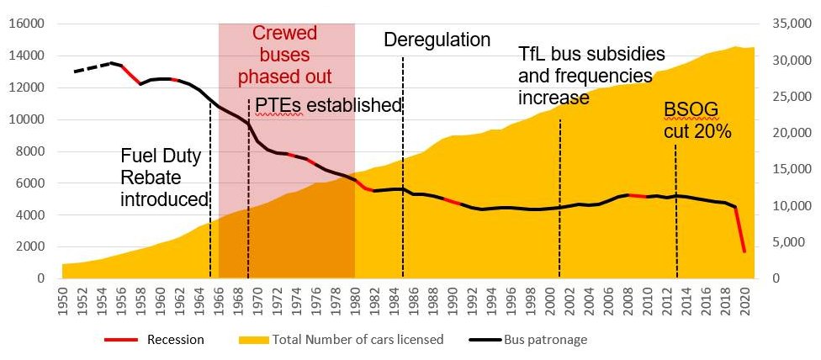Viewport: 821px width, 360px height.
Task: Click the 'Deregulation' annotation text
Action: [x=437, y=40]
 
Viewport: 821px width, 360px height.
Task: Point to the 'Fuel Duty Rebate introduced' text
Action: [x=163, y=177]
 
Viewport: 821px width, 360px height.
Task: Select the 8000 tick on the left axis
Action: [x=32, y=151]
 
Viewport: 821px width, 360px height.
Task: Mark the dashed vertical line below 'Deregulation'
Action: [x=403, y=168]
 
